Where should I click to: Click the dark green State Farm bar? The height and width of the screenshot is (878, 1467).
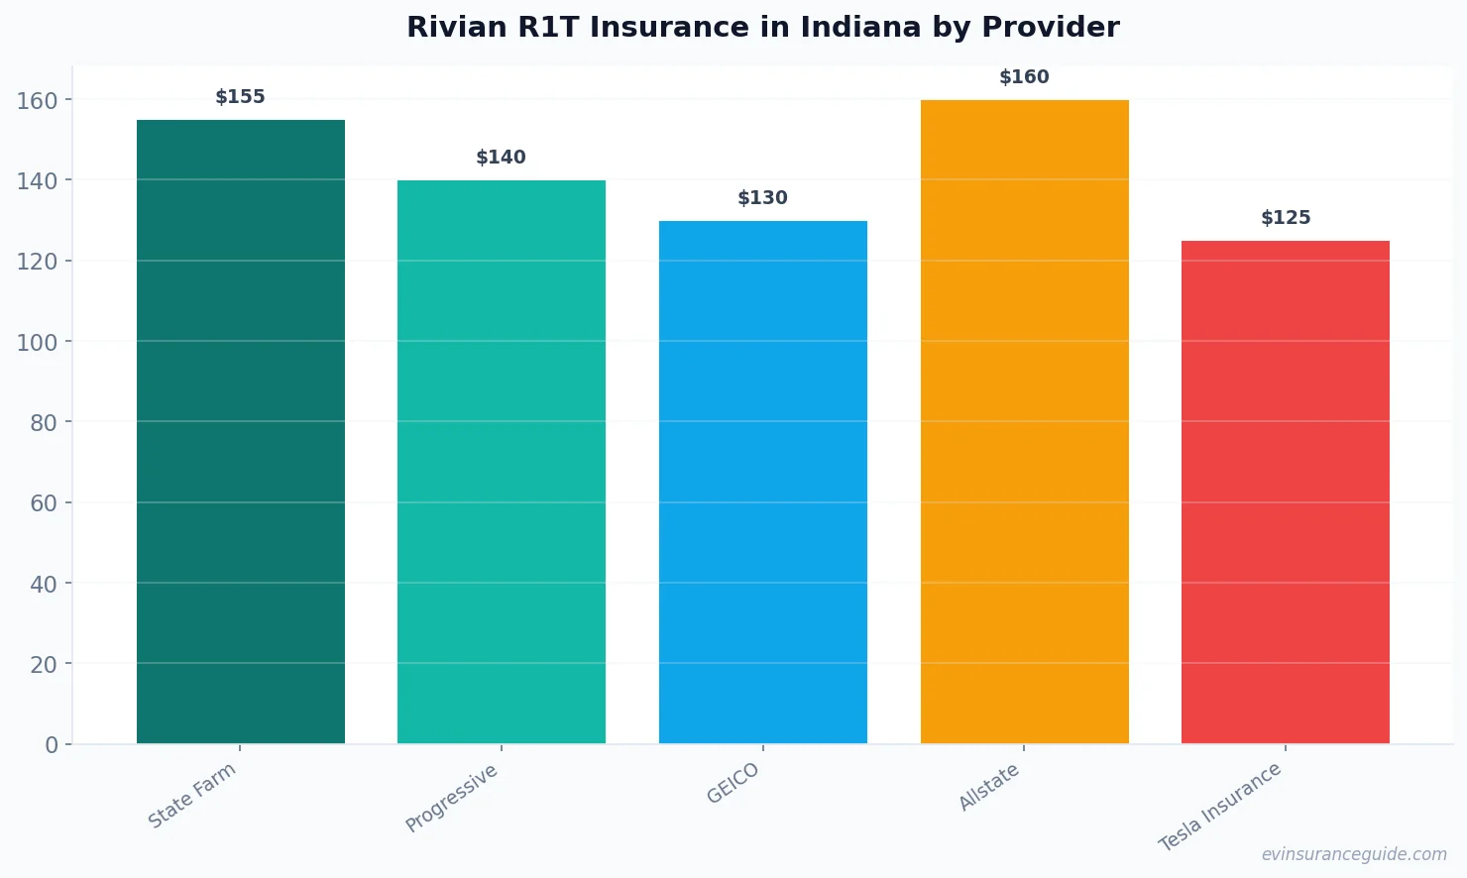tap(241, 431)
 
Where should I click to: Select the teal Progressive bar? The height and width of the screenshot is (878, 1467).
tap(502, 461)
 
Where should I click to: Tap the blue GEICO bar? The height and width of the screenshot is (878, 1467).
tap(763, 482)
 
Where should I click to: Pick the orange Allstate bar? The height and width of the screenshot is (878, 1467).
tap(1024, 421)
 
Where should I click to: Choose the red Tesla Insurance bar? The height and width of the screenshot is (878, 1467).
tap(1286, 492)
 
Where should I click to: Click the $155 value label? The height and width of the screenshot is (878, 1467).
tap(241, 97)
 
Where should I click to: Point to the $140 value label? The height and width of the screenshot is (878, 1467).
tap(502, 158)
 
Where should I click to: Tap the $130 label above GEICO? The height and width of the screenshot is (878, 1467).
tap(763, 198)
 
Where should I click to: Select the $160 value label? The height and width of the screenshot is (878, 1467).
tap(1024, 77)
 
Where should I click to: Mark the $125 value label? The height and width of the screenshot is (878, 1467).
tap(1286, 218)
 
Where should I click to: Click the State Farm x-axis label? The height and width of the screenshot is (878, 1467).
tap(192, 795)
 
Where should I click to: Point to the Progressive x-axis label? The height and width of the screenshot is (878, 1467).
tap(452, 798)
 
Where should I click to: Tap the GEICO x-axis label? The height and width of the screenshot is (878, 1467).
tap(733, 783)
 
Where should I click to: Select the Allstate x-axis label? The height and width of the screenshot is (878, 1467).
tap(989, 788)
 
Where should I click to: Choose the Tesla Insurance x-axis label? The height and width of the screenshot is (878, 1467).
tap(1220, 807)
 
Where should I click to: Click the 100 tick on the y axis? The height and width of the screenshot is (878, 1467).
tap(38, 342)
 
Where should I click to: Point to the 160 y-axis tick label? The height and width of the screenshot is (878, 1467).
tap(38, 100)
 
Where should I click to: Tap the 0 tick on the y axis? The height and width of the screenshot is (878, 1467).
tap(52, 745)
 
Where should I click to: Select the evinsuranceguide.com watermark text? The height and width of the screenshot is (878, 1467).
tap(1354, 854)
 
